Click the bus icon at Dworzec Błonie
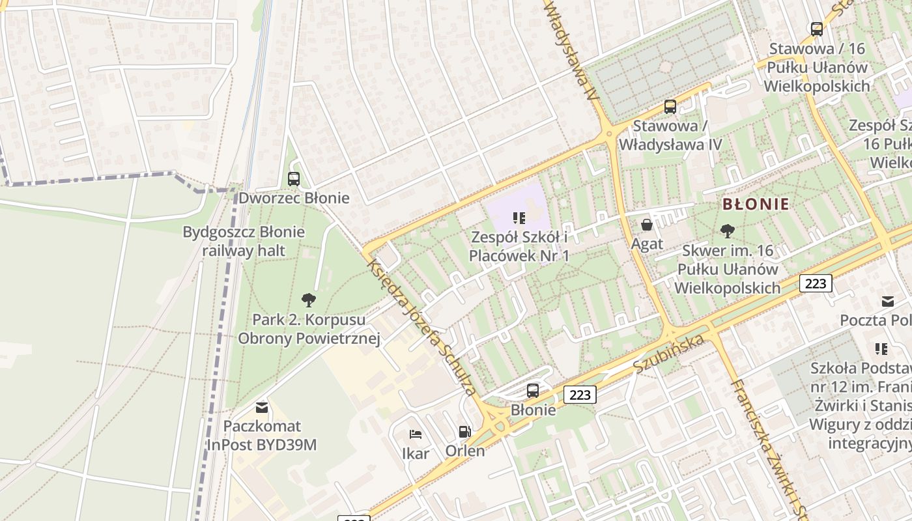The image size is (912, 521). point(294,178)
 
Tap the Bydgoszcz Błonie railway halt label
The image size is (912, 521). point(244,241)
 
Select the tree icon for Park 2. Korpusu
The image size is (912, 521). point(309,300)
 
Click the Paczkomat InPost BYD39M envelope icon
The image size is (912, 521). point(262,408)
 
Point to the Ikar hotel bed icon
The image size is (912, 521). point(416,434)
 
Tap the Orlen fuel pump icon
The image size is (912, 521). point(465,431)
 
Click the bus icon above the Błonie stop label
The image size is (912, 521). point(533,391)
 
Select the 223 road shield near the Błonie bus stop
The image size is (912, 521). point(580,395)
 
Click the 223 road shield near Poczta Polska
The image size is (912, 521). point(816,283)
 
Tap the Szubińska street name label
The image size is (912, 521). point(669,355)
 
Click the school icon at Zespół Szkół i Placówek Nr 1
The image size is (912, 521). point(519,218)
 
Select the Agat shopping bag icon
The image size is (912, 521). point(647,225)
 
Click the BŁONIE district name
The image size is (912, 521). point(756,204)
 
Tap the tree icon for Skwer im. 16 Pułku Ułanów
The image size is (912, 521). point(728,231)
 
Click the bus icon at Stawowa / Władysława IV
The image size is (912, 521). point(670,107)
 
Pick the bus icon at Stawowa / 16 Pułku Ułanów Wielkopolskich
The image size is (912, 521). point(817,29)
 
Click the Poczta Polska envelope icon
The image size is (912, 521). point(888,301)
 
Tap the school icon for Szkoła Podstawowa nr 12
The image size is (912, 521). point(882,349)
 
